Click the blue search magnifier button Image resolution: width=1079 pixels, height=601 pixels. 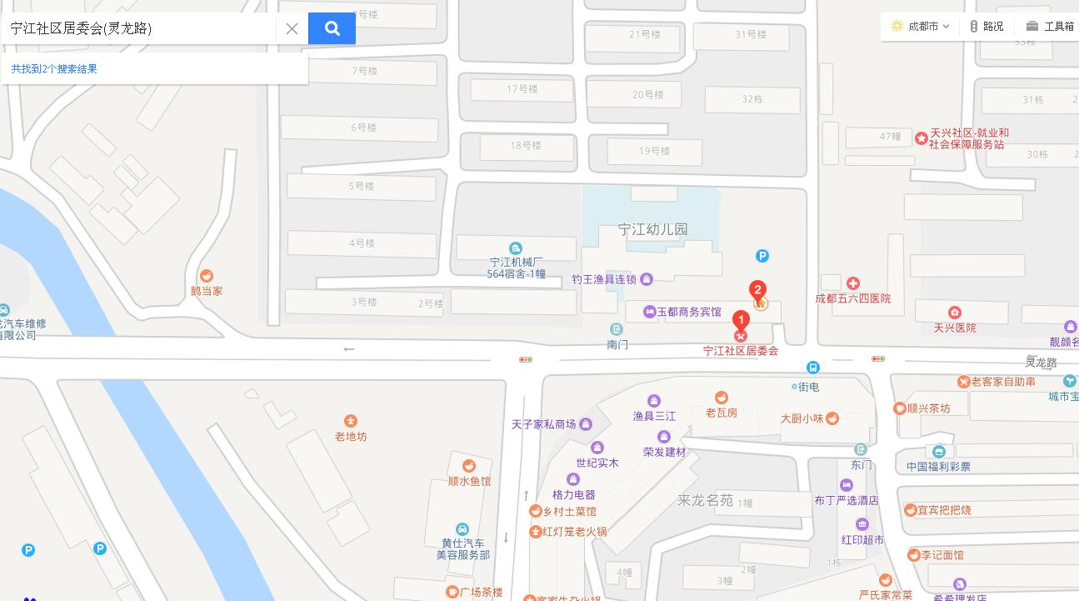[332, 28]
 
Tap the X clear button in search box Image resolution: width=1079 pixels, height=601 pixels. [292, 28]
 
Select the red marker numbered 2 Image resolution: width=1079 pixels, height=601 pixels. [757, 291]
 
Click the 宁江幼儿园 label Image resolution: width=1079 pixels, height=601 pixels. [652, 229]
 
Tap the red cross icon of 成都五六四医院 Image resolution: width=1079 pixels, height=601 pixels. [852, 284]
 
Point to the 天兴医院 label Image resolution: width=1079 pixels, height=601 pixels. [954, 328]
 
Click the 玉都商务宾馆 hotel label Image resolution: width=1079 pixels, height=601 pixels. [689, 312]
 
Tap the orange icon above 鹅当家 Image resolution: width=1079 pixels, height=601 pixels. [207, 276]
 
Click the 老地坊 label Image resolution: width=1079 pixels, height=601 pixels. [350, 436]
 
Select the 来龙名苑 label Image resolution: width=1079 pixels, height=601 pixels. [705, 500]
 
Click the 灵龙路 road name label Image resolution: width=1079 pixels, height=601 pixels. [1041, 363]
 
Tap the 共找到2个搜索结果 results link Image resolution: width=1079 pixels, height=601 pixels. [54, 69]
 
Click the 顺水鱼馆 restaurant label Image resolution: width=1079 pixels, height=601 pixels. [469, 481]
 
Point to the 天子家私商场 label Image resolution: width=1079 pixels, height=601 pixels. [544, 424]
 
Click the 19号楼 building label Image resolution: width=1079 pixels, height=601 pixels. [654, 151]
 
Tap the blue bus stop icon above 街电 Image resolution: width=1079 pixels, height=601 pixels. [813, 368]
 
